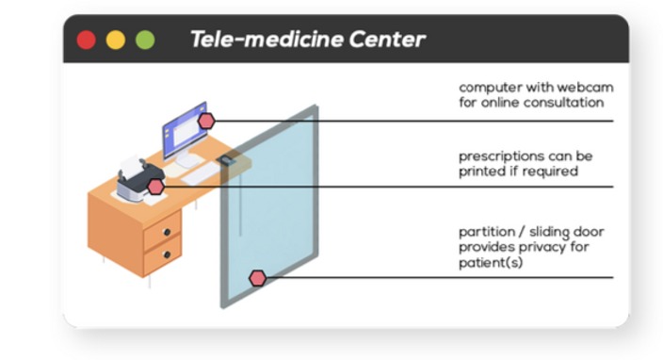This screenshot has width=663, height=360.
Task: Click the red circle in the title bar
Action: pos(87,41)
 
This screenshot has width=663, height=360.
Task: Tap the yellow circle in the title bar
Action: pos(116,41)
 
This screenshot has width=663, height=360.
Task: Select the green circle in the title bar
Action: pos(145,41)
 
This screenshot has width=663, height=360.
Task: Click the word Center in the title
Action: pos(387,40)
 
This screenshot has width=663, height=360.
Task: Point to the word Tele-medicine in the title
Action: pos(267,40)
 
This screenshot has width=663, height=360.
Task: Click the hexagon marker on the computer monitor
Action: pos(206,121)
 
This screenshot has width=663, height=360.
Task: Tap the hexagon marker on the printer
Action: pos(155,187)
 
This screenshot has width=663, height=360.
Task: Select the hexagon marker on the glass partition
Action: pos(257,278)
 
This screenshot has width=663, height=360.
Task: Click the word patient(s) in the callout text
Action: pos(491,263)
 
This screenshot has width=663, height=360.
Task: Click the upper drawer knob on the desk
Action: pos(167,232)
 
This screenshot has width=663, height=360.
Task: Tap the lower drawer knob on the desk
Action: pos(167,254)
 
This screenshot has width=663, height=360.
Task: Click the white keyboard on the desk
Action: pos(202,173)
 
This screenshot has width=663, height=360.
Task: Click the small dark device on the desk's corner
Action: pos(226,160)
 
